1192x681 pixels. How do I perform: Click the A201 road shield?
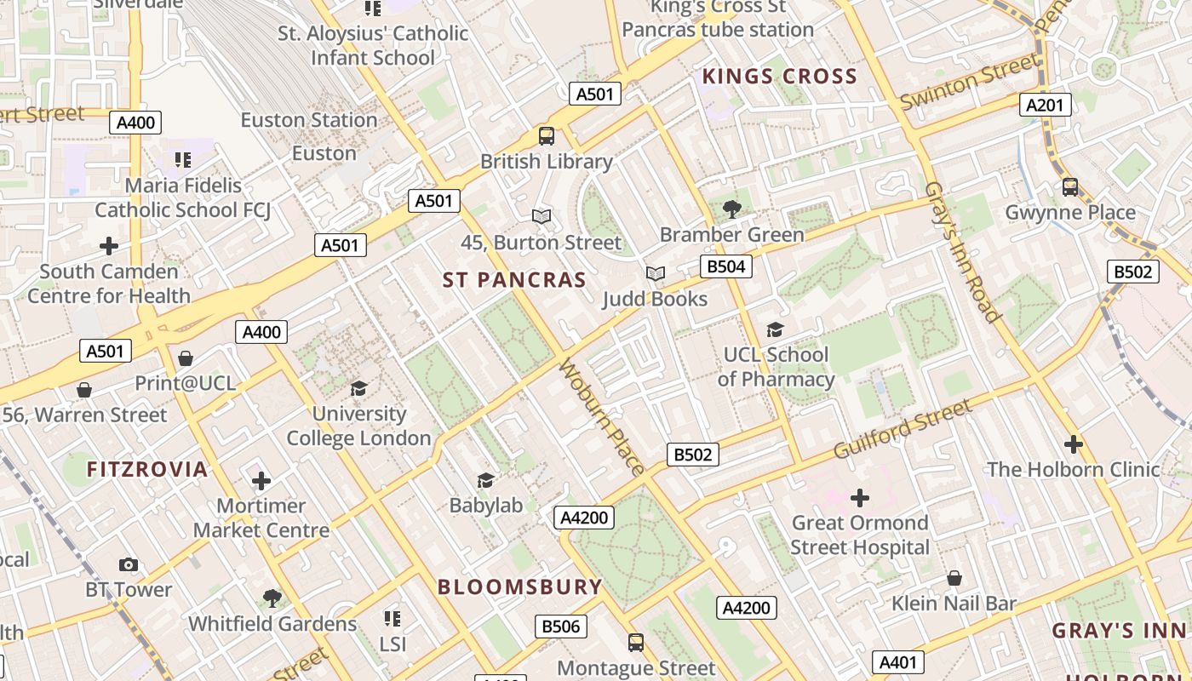pos(1046,105)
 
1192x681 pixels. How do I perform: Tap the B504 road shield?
pos(726,266)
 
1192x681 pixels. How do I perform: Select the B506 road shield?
pos(561,627)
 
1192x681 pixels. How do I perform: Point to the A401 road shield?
pos(897,662)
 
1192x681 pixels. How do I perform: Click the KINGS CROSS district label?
pos(779,77)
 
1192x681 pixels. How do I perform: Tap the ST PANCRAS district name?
pos(514,280)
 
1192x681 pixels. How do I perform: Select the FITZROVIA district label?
pos(147,469)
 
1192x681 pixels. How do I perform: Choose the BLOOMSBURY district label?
pos(519,587)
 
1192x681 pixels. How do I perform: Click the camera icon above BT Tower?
pos(129,564)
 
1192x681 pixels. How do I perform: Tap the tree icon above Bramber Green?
pos(731,209)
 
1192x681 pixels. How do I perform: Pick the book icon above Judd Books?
pos(655,273)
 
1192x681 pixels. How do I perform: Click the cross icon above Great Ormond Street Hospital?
pos(860,497)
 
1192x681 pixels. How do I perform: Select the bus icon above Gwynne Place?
pos(1070,186)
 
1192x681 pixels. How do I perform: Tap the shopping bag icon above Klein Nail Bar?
pos(954,578)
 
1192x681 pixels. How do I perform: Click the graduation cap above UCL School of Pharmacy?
pos(775,329)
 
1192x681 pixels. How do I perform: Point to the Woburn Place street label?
pos(601,416)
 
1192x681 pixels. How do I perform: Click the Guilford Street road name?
pos(902,429)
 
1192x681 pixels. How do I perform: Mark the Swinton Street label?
pos(969,82)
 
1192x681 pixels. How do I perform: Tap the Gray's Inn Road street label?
pos(961,252)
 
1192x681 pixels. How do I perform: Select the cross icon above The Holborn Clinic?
pos(1074,444)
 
